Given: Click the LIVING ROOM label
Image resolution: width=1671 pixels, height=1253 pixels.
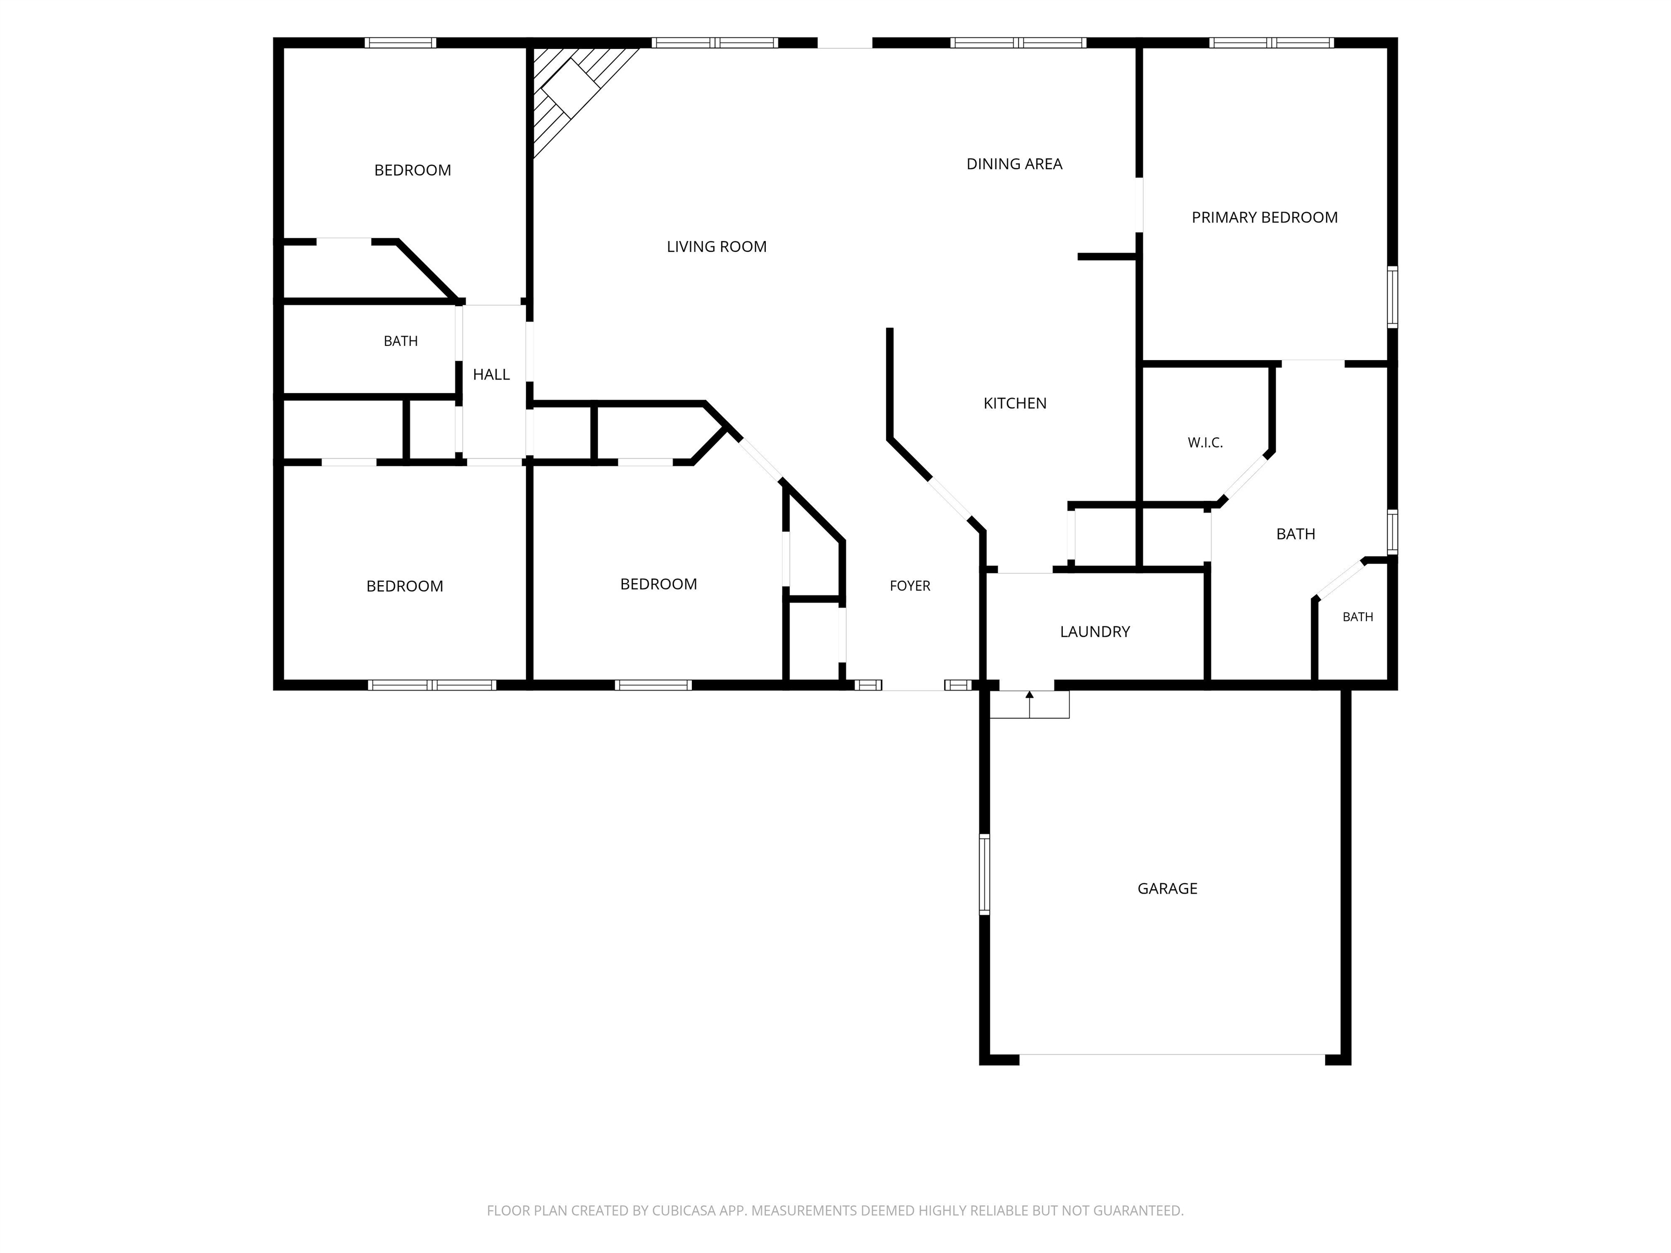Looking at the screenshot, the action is point(716,246).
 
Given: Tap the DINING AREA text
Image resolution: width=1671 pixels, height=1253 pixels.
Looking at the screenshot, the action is point(1014,164).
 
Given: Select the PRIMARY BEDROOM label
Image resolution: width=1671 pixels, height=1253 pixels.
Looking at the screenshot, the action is point(1264,218).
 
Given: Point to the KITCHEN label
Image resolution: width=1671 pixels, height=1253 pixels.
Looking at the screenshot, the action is point(1014,404).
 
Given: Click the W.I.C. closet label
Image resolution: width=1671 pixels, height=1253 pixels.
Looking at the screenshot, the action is point(1205,443).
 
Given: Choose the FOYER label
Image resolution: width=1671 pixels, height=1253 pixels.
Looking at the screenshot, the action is point(909,585).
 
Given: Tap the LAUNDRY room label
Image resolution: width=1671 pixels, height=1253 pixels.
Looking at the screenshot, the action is point(1094,631).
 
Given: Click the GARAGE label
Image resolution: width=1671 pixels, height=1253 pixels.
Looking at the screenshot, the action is point(1167,888).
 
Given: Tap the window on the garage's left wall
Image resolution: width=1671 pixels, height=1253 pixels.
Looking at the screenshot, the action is point(985,874).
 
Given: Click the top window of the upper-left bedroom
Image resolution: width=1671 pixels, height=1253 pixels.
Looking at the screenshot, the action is point(400,42).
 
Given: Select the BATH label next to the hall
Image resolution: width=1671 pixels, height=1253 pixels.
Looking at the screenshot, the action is point(400,342).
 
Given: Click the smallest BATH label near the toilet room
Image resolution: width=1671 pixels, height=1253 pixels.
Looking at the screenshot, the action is point(1358,617).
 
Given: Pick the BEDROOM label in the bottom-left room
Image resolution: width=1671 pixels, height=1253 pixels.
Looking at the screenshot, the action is point(404,586).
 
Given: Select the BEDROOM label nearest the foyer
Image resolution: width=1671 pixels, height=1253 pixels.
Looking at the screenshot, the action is point(658,584).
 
